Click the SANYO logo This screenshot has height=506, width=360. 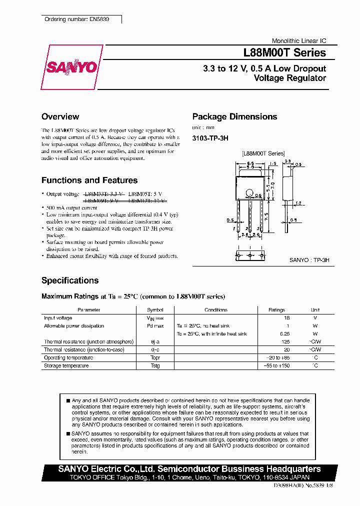tap(71, 67)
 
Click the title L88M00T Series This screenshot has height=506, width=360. tap(284, 52)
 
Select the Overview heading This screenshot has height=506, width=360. tap(60, 116)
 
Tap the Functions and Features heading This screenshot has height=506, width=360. tap(89, 180)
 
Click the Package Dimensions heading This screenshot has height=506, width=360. tap(234, 116)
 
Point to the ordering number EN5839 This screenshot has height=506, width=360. tap(76, 19)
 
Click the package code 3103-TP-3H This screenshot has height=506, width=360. tap(210, 137)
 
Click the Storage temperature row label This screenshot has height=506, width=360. tap(66, 366)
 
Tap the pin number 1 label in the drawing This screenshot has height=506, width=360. tap(233, 228)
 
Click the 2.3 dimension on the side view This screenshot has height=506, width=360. tap(288, 160)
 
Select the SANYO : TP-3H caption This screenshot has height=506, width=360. tap(309, 260)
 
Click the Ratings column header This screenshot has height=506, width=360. tap(276, 310)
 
